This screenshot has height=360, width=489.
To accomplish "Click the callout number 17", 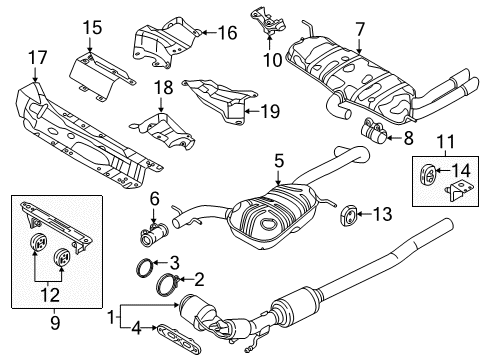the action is tap(38, 58).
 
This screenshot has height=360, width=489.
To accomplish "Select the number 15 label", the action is tap(92, 27).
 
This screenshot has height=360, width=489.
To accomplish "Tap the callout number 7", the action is tap(360, 29).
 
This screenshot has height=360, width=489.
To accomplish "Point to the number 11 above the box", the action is tap(446, 141).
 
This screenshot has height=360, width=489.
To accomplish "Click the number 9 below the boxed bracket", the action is tap(55, 323).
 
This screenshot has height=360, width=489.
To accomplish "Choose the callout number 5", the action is tap(279, 161).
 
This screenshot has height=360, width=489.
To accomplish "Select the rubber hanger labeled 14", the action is tap(428, 175).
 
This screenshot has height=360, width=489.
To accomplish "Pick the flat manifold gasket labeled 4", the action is tap(178, 338).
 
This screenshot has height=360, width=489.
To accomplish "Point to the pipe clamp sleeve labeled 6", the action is tap(154, 236).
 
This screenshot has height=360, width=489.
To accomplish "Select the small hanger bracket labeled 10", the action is tap(268, 22).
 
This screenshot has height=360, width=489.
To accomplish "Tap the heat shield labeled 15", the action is tap(102, 75).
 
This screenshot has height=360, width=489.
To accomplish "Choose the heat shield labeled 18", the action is tap(162, 132).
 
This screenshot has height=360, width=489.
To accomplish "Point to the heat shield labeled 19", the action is tap(220, 101).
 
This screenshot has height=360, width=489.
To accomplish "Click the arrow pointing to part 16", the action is tap(210, 33).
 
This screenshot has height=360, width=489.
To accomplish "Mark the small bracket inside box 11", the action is tap(459, 192).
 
